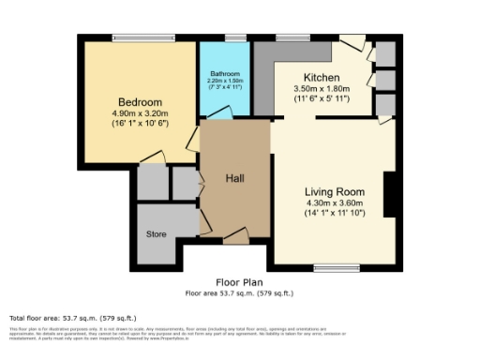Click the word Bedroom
(141, 102)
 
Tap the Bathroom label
(224, 73)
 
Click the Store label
(156, 234)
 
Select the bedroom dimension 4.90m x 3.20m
(141, 114)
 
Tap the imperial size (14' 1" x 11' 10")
(334, 213)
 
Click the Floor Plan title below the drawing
(239, 282)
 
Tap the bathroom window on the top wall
(234, 38)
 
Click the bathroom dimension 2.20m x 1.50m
(224, 81)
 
